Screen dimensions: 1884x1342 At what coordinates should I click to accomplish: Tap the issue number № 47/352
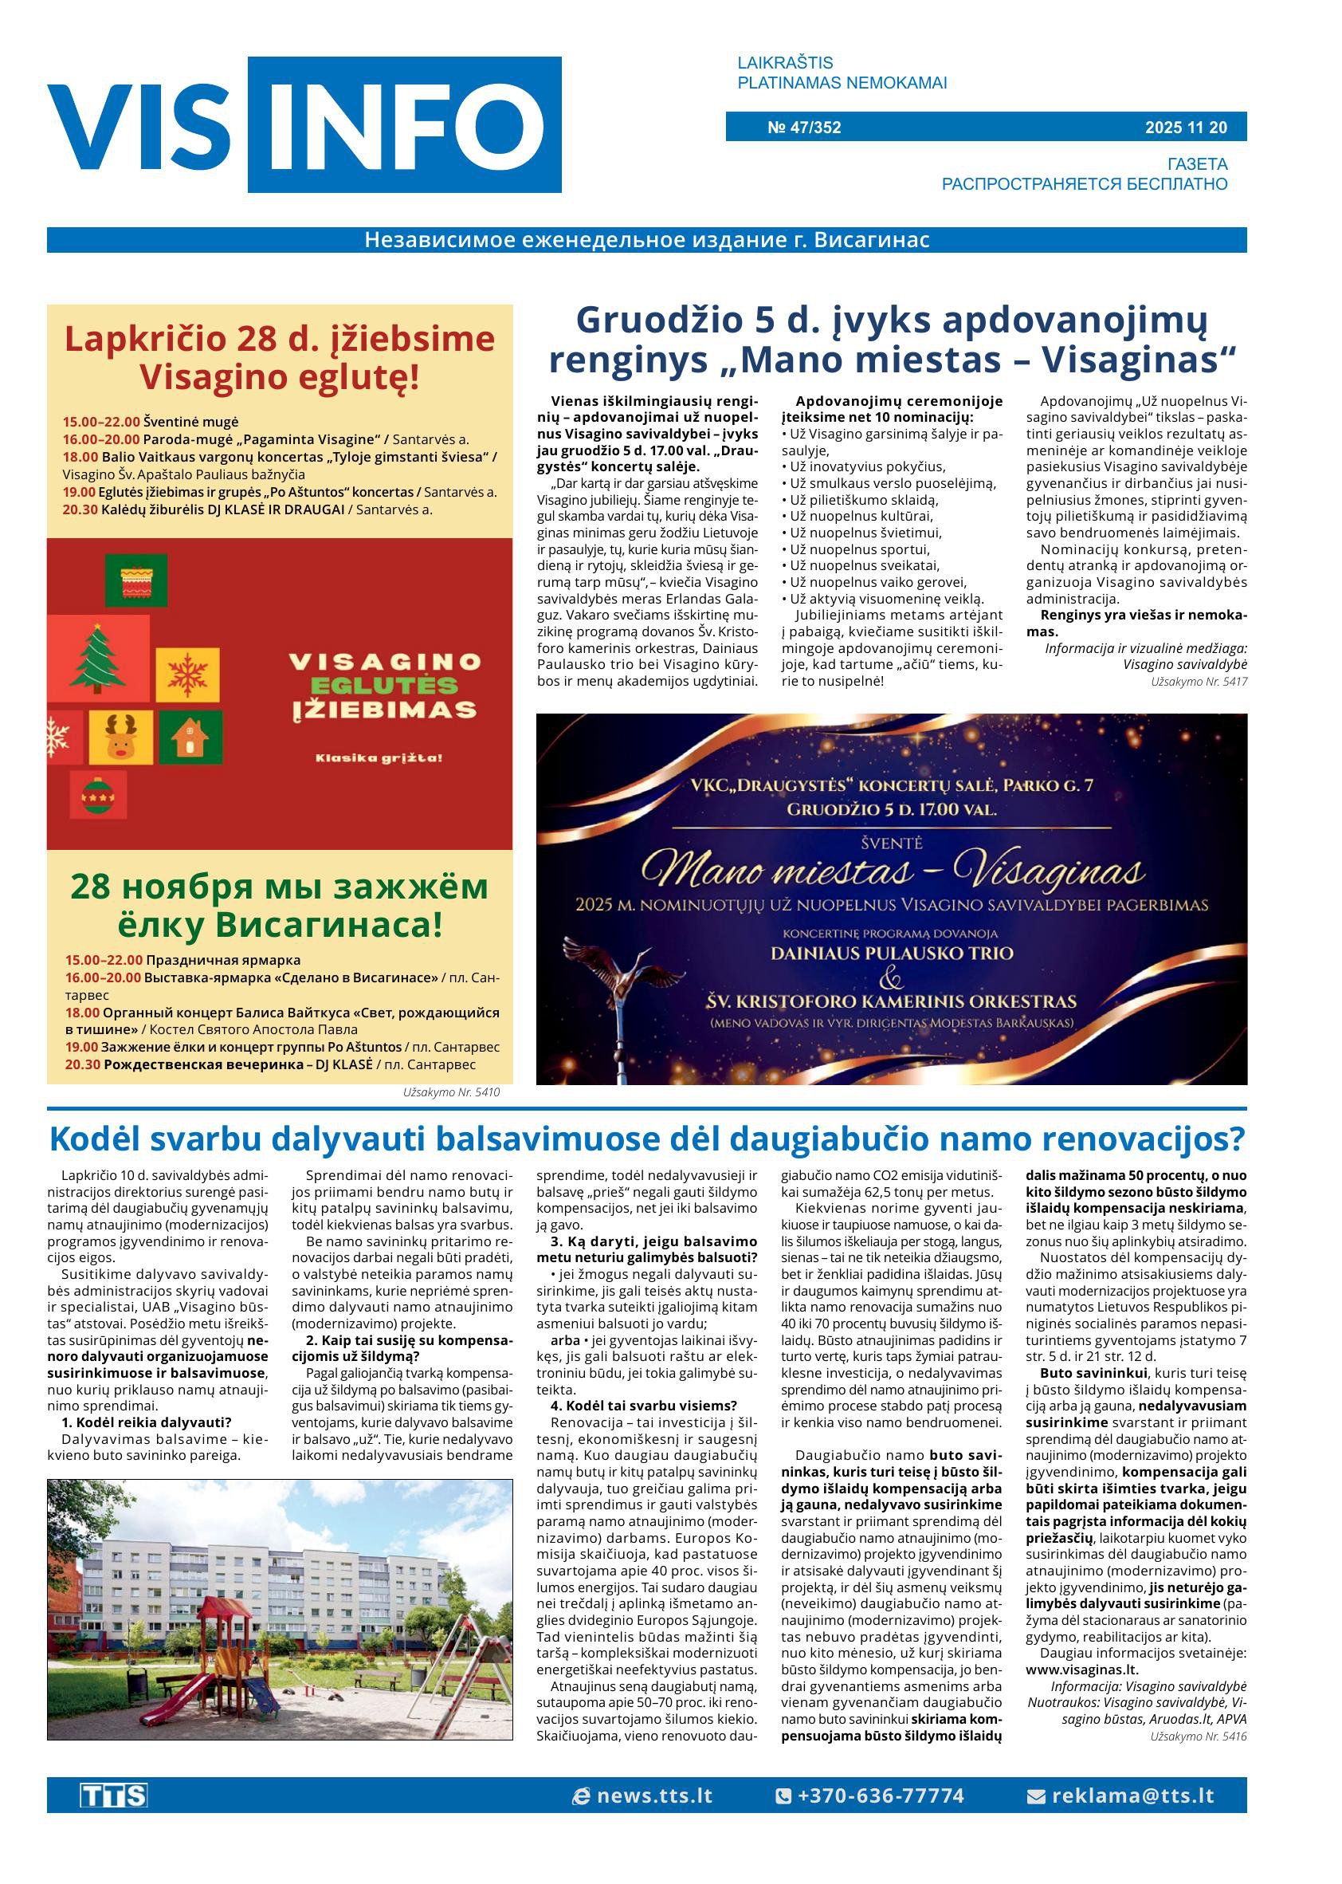(803, 128)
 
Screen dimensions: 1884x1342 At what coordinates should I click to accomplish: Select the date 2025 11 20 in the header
(1185, 128)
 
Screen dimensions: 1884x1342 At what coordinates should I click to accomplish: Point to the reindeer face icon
(120, 737)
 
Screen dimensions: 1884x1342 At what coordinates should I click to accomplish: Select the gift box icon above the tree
(135, 580)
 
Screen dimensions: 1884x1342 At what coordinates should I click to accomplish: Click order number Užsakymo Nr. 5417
(1199, 682)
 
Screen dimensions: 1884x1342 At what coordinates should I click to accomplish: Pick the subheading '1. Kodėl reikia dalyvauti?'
(135, 1422)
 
